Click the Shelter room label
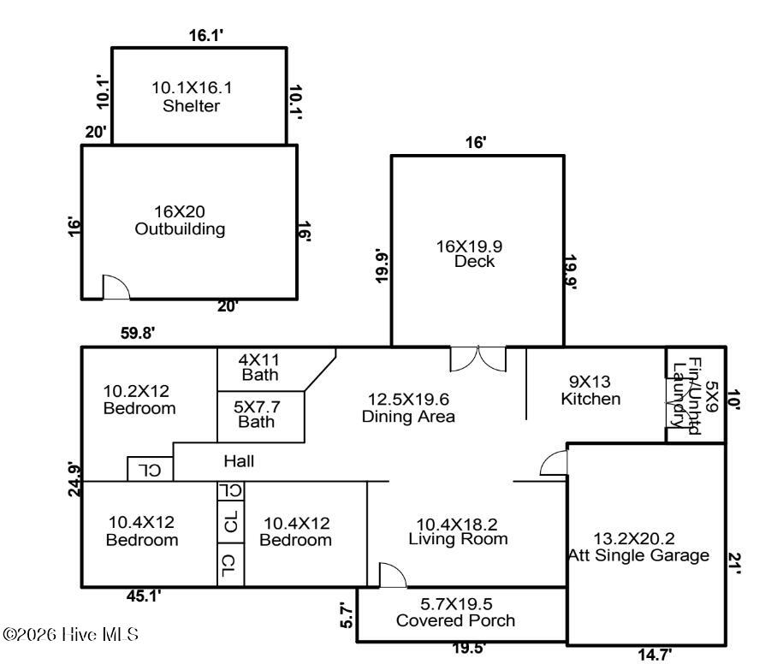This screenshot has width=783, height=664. [192, 97]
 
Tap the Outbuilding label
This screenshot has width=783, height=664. [180, 220]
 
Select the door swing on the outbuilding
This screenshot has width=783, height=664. [116, 287]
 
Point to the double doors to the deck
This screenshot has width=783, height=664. [478, 359]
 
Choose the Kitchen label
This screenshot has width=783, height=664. [590, 390]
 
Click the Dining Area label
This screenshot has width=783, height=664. [408, 408]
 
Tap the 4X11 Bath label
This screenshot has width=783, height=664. [259, 367]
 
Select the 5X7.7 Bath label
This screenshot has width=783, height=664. [257, 414]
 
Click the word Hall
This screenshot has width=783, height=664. [239, 461]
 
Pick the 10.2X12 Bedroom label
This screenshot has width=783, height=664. [139, 400]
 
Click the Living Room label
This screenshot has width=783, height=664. [458, 531]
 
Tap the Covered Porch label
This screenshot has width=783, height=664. [455, 612]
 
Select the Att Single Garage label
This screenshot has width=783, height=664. [638, 547]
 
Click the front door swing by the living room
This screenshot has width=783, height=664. [393, 575]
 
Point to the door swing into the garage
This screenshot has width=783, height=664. [554, 463]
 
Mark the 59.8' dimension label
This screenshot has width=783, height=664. [138, 333]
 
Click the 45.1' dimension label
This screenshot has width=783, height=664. [144, 596]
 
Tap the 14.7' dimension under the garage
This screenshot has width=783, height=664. [655, 654]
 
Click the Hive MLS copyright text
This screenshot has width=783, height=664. [70, 635]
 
